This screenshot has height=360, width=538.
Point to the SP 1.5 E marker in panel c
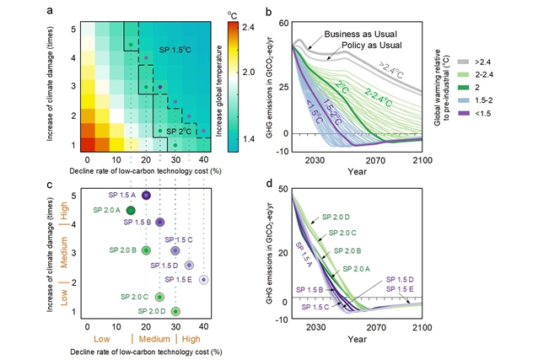tap(203, 279)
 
